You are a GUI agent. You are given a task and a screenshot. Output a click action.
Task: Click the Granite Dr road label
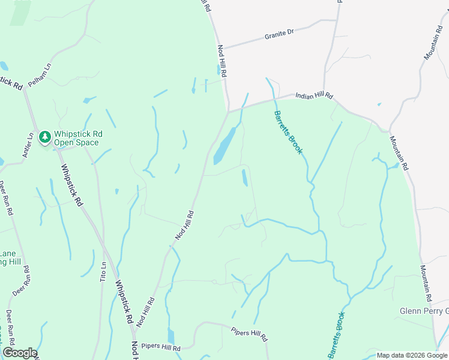pos(279,36)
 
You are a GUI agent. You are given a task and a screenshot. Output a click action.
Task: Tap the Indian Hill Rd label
pos(313,96)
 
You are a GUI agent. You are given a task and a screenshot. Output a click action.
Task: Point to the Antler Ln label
pos(27,145)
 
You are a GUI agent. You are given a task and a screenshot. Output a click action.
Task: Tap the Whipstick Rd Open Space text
pos(78,138)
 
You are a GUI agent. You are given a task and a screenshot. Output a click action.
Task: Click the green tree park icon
pos(45,137)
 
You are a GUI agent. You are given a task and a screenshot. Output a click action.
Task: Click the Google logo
pos(20,353)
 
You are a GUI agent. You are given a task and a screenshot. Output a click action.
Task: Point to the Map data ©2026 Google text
pos(411,355)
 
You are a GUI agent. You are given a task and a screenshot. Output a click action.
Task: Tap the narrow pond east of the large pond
pos(244,178)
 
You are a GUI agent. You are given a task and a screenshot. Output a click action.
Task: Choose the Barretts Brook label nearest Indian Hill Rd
pos(289,132)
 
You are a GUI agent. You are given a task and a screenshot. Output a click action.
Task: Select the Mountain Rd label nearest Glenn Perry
pos(426,283)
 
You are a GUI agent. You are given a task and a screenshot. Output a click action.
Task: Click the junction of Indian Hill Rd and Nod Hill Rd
pos(228,111)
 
